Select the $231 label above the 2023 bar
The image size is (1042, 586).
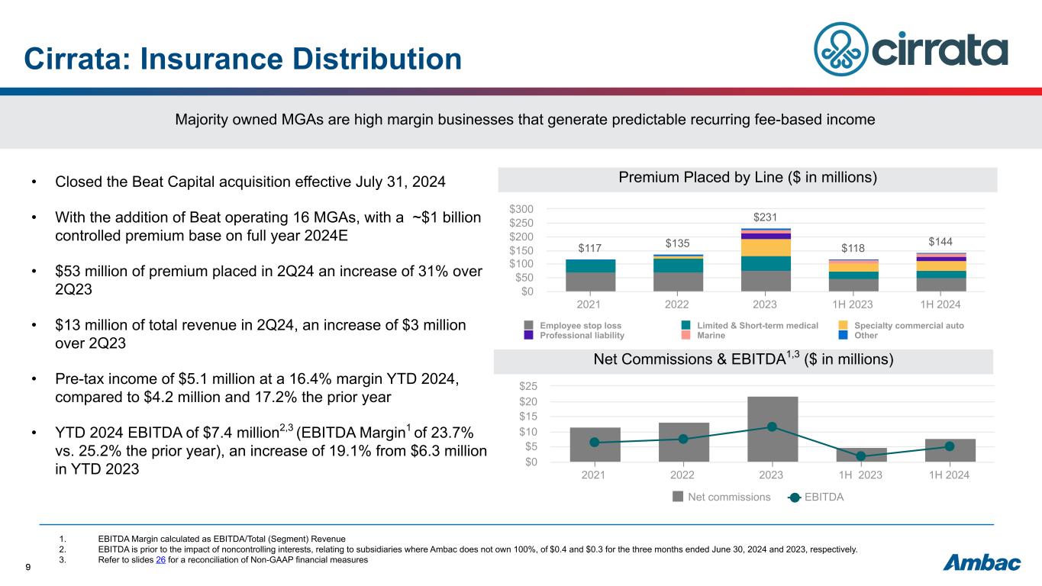(766, 217)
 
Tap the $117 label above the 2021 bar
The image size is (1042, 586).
(590, 248)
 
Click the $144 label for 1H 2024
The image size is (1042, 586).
(940, 242)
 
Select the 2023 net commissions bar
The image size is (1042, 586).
(772, 429)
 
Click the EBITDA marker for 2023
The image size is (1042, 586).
(772, 427)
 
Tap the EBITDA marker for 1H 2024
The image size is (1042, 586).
(950, 446)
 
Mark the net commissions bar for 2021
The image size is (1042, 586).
(595, 444)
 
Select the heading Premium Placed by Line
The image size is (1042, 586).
(747, 178)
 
